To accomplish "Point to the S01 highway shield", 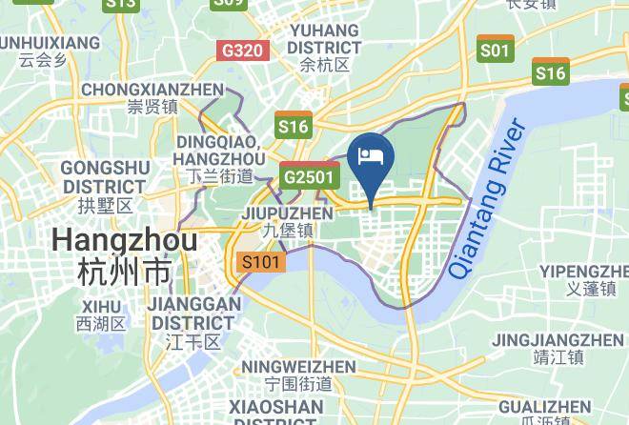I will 496,50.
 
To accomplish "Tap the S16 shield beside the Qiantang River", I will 550,72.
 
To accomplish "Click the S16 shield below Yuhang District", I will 294,125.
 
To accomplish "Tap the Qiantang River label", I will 487,197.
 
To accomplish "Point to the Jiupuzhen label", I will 288,221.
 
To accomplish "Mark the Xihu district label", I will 101,314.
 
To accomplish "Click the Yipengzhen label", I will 584,279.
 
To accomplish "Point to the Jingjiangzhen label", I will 558,348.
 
